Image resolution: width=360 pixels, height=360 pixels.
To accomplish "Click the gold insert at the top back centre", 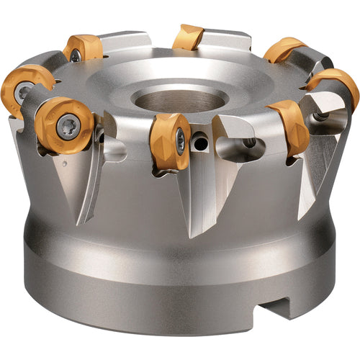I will point(189,37).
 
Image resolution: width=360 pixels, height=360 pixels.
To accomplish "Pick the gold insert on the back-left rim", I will point(84,48).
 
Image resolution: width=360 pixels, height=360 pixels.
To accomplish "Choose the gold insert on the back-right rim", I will point(284,49).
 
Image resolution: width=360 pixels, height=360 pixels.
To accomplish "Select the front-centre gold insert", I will point(171,141).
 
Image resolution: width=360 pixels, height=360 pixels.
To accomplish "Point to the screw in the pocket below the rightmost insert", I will point(320,116).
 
